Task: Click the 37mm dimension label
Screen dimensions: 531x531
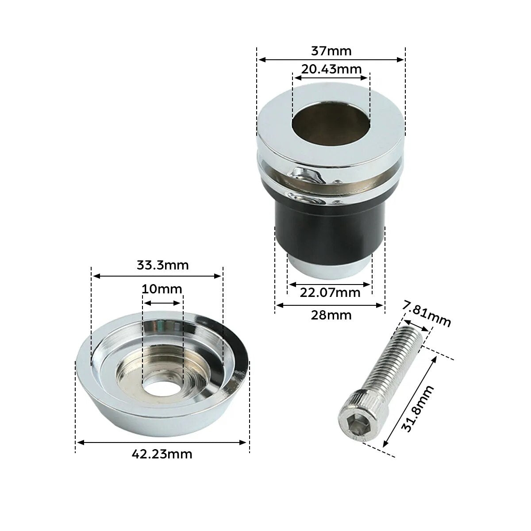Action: (331, 51)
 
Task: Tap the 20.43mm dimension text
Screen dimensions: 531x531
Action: (331, 69)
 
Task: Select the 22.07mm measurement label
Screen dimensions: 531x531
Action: (330, 292)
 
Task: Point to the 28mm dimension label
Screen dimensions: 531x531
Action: (331, 315)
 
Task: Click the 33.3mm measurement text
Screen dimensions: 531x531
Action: (162, 265)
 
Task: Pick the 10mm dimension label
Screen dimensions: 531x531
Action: (162, 289)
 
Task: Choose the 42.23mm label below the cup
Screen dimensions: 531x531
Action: (162, 454)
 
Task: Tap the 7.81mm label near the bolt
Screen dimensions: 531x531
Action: (427, 314)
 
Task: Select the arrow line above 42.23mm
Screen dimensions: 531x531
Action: (162, 442)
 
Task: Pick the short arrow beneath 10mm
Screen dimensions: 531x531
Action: (162, 303)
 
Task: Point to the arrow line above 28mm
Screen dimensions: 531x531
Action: (330, 305)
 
